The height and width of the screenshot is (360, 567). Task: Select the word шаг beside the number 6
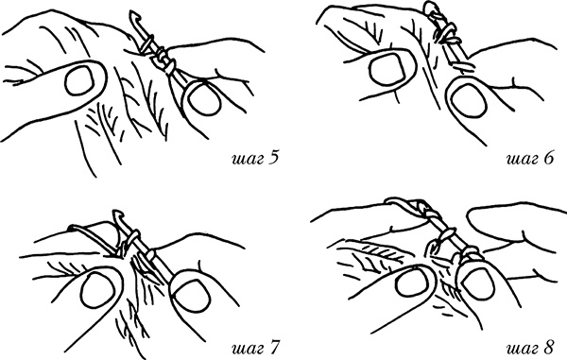point(523,160)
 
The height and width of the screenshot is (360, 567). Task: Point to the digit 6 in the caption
point(548,158)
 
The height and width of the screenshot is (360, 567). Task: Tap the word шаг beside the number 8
point(523,350)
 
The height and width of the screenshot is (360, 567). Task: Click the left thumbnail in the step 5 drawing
point(78,79)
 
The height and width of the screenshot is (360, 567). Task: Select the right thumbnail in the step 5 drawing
point(203,96)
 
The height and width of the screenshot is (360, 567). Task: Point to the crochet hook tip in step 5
point(134,16)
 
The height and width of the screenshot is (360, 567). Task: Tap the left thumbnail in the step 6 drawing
point(387,69)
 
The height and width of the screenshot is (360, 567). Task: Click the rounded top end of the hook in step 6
point(430,7)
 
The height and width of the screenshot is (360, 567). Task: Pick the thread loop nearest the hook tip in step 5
point(147,43)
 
